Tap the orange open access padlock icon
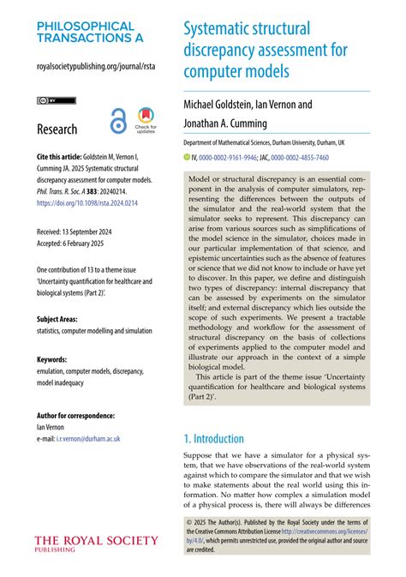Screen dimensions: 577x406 point(117,123)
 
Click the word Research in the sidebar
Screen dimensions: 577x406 point(57,129)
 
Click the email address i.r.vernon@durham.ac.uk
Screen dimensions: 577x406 point(90,438)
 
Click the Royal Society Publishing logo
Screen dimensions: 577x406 point(96,544)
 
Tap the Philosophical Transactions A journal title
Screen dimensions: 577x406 point(86,33)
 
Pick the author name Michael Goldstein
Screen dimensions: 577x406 point(223,105)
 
